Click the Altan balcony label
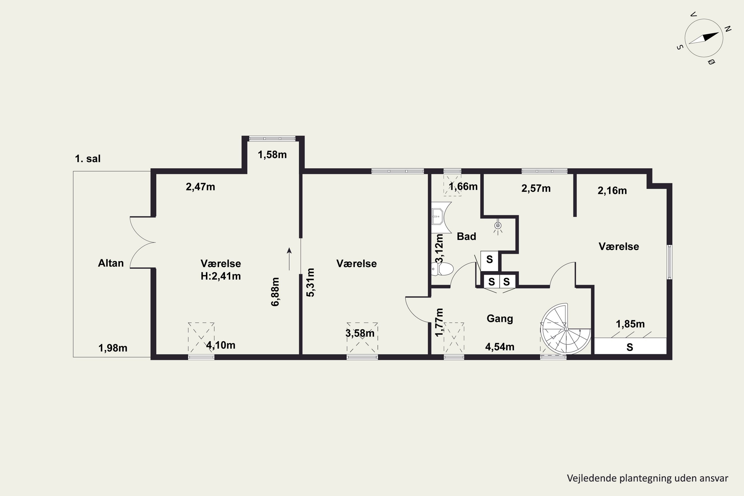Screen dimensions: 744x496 (111, 263)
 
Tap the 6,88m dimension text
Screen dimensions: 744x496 (275, 292)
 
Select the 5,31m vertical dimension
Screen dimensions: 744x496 (311, 282)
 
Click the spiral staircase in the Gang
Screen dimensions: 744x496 (566, 329)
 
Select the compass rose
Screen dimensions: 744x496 (704, 38)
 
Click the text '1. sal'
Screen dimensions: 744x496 (88, 158)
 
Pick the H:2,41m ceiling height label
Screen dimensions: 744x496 (221, 276)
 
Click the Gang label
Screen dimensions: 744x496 (500, 318)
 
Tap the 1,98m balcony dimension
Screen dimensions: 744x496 (113, 348)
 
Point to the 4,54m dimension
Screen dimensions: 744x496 (500, 347)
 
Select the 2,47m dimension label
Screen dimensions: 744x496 (201, 187)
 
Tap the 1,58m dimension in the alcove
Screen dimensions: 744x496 (272, 155)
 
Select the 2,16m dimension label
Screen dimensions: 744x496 (612, 190)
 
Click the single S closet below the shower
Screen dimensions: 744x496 (489, 260)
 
